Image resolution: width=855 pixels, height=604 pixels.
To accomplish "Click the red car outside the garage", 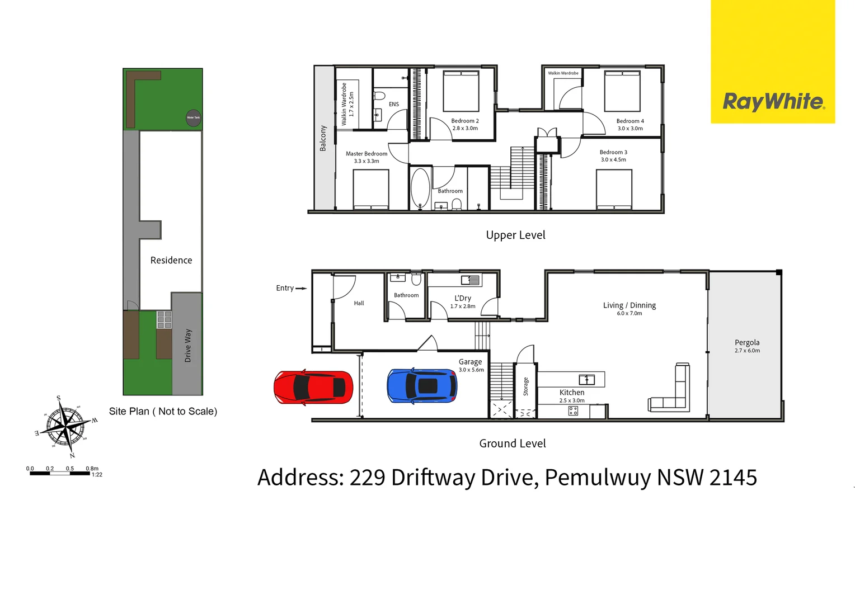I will [313, 387].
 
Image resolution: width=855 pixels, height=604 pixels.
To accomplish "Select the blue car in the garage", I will [422, 386].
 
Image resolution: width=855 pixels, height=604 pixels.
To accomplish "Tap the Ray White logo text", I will [773, 102].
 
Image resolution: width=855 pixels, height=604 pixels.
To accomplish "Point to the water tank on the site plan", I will [193, 117].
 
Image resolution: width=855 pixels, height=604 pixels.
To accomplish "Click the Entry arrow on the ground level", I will [300, 289].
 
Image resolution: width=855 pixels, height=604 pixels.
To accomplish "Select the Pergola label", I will [747, 343].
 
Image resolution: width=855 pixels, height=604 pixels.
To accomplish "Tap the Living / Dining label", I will [629, 305].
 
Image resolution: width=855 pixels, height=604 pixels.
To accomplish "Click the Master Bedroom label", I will [367, 154].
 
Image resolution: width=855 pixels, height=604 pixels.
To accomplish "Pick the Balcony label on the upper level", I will [323, 138].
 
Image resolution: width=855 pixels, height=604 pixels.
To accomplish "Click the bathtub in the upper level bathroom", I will [420, 188].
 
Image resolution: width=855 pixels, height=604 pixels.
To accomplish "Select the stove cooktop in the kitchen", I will [573, 411].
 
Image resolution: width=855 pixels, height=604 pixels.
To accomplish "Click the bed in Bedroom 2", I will [461, 91].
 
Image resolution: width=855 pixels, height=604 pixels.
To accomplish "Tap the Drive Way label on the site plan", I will [188, 346].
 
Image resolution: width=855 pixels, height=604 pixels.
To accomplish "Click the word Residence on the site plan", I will [171, 261].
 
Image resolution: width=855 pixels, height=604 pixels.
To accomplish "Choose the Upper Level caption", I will [515, 235].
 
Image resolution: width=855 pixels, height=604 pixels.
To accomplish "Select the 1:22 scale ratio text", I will [97, 475].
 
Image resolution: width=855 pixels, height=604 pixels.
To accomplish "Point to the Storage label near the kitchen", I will [526, 386].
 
